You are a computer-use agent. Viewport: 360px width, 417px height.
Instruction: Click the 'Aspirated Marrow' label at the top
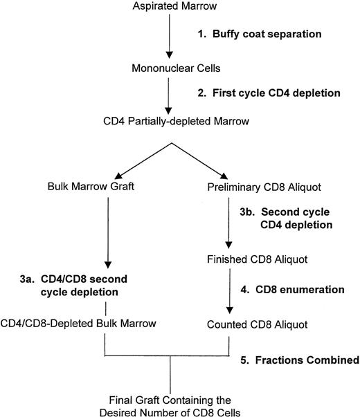[x=169, y=7]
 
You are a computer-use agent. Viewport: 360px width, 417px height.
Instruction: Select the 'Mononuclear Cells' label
[x=169, y=68]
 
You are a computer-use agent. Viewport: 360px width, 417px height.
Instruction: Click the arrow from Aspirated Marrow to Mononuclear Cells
[x=168, y=37]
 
